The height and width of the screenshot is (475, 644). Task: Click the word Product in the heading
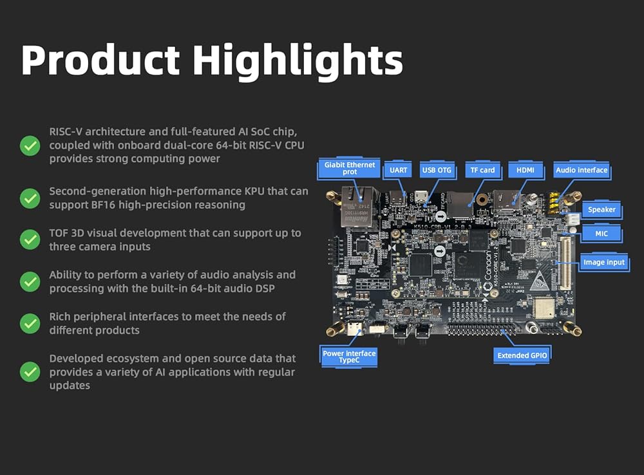coord(100,60)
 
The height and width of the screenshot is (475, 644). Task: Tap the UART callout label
coord(398,170)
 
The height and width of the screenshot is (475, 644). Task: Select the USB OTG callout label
coord(437,170)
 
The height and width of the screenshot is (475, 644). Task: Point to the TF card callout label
coord(482,170)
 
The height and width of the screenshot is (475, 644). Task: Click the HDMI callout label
coord(526,170)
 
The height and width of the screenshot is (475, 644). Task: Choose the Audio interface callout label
coord(581,170)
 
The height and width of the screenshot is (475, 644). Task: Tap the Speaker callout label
coord(601,209)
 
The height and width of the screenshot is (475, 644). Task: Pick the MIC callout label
coord(601,234)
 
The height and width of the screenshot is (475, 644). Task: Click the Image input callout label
coord(604,263)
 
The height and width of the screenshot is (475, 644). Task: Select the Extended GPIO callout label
coord(522,355)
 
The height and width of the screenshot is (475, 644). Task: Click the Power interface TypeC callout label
coord(348,357)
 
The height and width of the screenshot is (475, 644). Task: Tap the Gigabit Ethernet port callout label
coord(349,168)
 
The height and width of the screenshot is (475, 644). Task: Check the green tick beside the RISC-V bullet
coord(30,145)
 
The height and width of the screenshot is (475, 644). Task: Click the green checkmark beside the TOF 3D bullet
coord(30,240)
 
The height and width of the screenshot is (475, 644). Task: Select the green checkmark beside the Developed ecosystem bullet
coord(30,371)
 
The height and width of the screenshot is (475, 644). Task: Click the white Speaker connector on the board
coord(573,219)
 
